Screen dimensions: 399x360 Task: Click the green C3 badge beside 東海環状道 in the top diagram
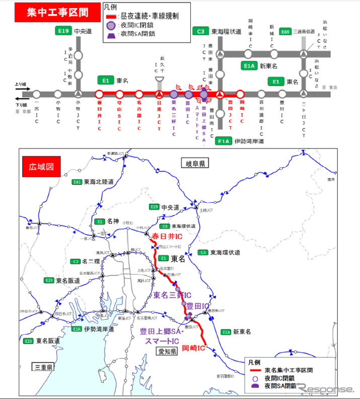point(200,31)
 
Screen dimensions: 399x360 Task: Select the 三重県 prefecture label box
point(44,367)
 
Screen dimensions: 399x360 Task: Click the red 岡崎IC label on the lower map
point(193,348)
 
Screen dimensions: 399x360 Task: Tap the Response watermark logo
point(326,388)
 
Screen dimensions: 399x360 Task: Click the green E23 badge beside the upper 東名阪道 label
point(49,280)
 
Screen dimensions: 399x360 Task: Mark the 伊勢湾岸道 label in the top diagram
point(247,141)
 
